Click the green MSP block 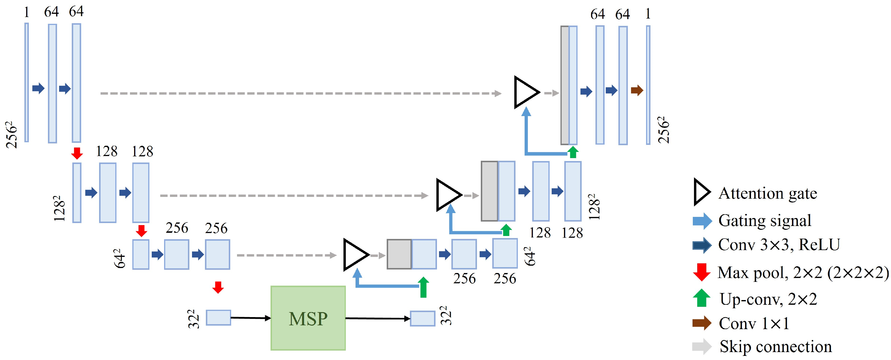coord(308,318)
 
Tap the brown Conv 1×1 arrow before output coord(636,91)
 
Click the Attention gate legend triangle coord(701,192)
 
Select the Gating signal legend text coord(764,221)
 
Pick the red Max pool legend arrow coord(701,272)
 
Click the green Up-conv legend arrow coord(701,298)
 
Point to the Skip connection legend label coord(775,346)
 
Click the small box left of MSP coord(218,317)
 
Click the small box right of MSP coord(422,318)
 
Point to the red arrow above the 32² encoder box coord(218,287)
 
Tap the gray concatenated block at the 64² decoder coord(399,254)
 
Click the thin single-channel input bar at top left coord(27,82)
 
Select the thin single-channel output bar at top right coord(648,85)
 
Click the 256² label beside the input coord(11,135)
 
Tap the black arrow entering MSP coord(251,318)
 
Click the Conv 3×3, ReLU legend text coord(779,245)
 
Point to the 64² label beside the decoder coord(530,256)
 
